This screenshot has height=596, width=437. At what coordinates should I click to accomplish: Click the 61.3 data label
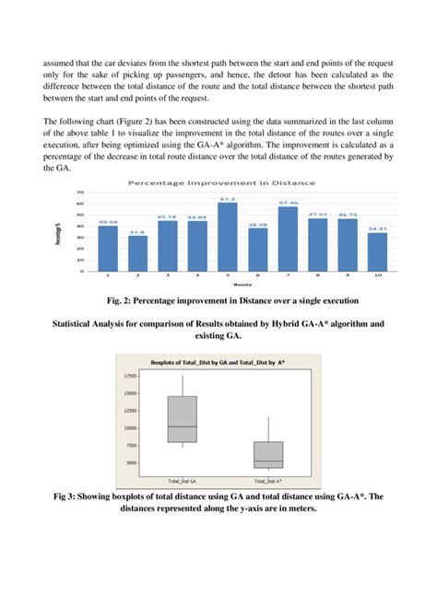tap(227, 199)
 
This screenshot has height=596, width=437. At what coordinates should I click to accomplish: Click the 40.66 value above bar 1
tap(108, 222)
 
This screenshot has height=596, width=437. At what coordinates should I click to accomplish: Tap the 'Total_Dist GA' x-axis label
tap(182, 481)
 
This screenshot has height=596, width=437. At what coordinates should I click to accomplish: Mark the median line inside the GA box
tap(182, 427)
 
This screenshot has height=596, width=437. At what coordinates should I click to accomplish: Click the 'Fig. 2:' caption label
tap(124, 299)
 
